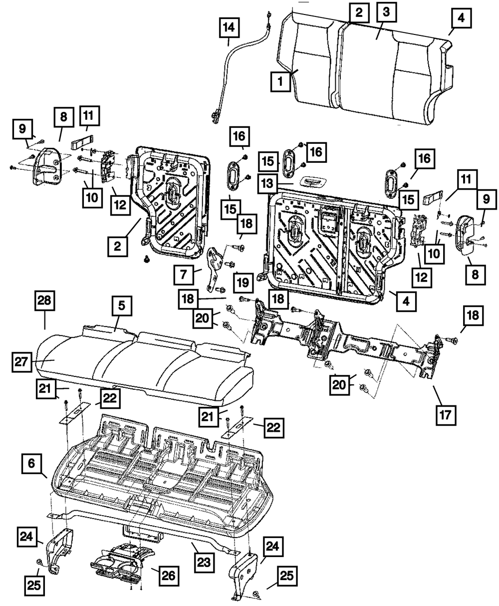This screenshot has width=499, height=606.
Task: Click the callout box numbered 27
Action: click(22, 360)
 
